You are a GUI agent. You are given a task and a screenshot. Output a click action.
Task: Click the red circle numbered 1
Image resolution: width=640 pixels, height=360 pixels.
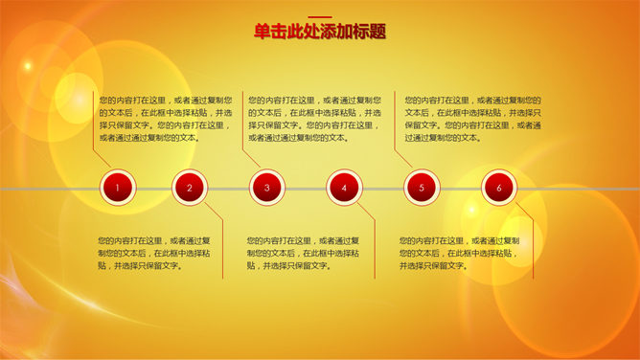click(117, 189)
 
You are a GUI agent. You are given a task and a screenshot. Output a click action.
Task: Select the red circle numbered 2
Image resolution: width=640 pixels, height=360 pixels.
click(190, 189)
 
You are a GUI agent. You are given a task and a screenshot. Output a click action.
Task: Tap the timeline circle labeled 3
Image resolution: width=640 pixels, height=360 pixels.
click(267, 189)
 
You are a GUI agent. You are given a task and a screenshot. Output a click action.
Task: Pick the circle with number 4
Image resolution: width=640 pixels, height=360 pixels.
click(344, 189)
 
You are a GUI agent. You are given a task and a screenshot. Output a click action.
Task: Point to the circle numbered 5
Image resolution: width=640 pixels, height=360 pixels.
click(422, 189)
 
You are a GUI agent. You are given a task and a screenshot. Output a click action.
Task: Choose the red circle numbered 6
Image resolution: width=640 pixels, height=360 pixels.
click(499, 189)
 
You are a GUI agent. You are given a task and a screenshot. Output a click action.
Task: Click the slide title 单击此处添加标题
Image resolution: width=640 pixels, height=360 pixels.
click(320, 32)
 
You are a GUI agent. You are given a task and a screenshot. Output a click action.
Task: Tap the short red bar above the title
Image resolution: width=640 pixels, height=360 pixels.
click(320, 15)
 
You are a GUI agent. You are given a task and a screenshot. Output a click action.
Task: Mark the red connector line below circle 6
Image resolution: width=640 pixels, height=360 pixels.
click(533, 239)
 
